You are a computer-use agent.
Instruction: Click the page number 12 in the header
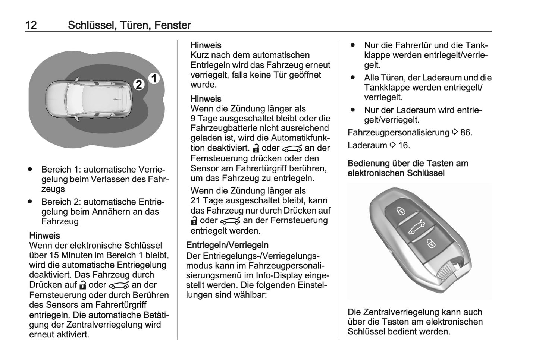(x=31, y=25)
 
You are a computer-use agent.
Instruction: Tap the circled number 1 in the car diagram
(x=154, y=79)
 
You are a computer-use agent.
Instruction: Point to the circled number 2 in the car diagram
(x=139, y=85)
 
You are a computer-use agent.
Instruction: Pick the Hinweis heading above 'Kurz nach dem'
(x=206, y=45)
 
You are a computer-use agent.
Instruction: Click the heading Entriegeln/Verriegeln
(x=227, y=245)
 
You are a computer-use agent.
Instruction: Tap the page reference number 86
(x=465, y=133)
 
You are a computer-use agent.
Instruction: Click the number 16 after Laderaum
(x=403, y=145)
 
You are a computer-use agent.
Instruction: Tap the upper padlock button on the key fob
(x=400, y=211)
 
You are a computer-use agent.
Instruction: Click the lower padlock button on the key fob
(x=431, y=244)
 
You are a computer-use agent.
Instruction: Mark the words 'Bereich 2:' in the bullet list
(x=61, y=202)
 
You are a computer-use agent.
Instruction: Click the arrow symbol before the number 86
(x=455, y=133)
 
